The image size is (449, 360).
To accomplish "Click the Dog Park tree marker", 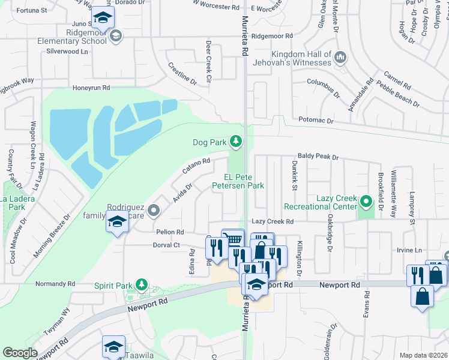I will (237, 142).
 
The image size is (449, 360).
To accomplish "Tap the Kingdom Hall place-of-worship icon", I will (340, 57).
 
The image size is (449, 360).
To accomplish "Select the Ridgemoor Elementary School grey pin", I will (115, 37).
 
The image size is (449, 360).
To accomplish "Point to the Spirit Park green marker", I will (141, 284).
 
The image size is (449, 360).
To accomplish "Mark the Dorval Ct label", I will (167, 245).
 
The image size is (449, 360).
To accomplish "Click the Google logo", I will (20, 353).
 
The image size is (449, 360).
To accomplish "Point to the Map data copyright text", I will (423, 355).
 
